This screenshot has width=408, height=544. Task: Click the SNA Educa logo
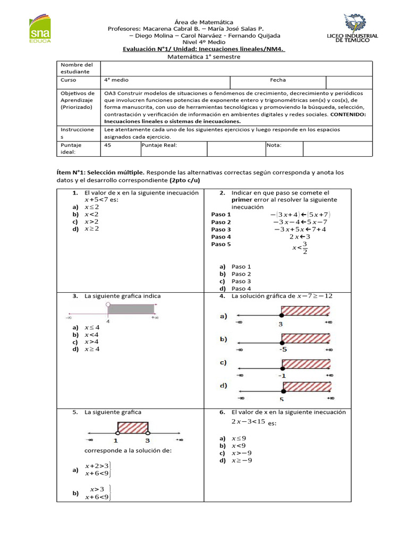point(39,29)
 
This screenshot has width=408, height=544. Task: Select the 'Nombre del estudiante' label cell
point(76,67)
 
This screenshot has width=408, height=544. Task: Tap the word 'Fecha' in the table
point(277,80)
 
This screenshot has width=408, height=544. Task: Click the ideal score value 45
point(108,144)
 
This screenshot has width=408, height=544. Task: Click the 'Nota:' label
point(275,144)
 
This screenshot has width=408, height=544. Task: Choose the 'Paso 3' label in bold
point(221,229)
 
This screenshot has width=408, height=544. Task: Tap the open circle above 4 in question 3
point(108,305)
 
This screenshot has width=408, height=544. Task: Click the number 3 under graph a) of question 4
point(280,324)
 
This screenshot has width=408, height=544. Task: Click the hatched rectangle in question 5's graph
point(132,428)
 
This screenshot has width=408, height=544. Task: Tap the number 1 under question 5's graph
point(116,440)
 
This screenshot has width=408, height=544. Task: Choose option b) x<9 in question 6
point(236,446)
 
